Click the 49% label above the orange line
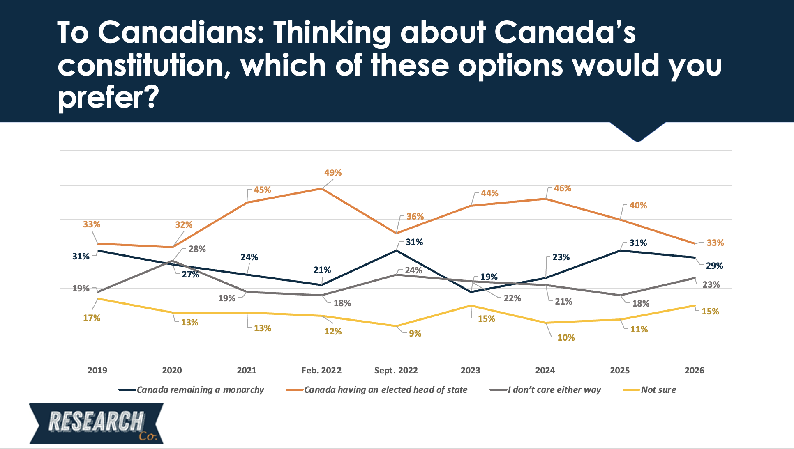tap(333, 173)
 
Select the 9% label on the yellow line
tap(415, 334)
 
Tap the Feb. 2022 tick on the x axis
tap(321, 371)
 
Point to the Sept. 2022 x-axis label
tap(396, 371)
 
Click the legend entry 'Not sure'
tap(658, 390)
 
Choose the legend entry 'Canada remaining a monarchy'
tap(200, 390)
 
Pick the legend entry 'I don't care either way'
tap(554, 390)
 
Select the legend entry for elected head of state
tap(385, 390)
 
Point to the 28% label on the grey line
tap(197, 249)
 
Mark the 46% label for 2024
tap(563, 188)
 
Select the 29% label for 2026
tap(714, 266)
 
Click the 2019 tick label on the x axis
tap(97, 371)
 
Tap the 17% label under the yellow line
tap(92, 318)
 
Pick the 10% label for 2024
tap(566, 338)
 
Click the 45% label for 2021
tap(262, 190)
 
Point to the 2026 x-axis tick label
tap(694, 371)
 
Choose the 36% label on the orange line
tap(415, 217)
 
